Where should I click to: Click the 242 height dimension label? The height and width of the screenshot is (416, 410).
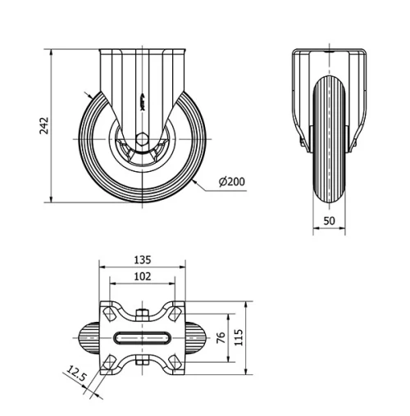click(x=46, y=124)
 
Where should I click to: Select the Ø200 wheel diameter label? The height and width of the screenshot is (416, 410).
click(x=232, y=182)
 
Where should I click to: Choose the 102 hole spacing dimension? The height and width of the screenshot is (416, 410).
click(x=141, y=278)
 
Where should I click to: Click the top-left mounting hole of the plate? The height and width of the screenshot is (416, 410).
click(x=107, y=310)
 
